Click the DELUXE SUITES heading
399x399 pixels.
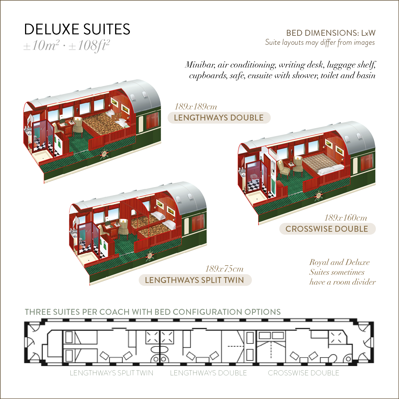pyautogui.click(x=77, y=29)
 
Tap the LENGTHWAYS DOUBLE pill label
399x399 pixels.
pyautogui.click(x=219, y=118)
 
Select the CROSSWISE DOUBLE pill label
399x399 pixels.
pyautogui.click(x=327, y=229)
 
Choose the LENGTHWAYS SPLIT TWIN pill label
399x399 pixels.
pyautogui.click(x=195, y=280)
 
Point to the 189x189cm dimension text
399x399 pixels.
pyautogui.click(x=196, y=106)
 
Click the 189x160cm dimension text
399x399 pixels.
pyautogui.click(x=346, y=218)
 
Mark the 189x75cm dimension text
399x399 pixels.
pyautogui.click(x=224, y=269)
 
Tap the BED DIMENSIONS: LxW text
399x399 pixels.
pyautogui.click(x=331, y=33)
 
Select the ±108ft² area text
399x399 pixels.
pyautogui.click(x=89, y=46)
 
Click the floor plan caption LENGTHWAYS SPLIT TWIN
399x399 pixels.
pyautogui.click(x=112, y=373)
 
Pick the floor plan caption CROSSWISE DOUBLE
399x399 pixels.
pyautogui.click(x=304, y=373)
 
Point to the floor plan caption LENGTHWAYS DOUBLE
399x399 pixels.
pyautogui.click(x=208, y=373)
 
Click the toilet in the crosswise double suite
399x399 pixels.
pyautogui.click(x=254, y=177)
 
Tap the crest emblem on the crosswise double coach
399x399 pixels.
pyautogui.click(x=318, y=195)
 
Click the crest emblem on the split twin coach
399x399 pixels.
pyautogui.click(x=150, y=256)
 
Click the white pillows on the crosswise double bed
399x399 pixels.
pyautogui.click(x=331, y=169)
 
